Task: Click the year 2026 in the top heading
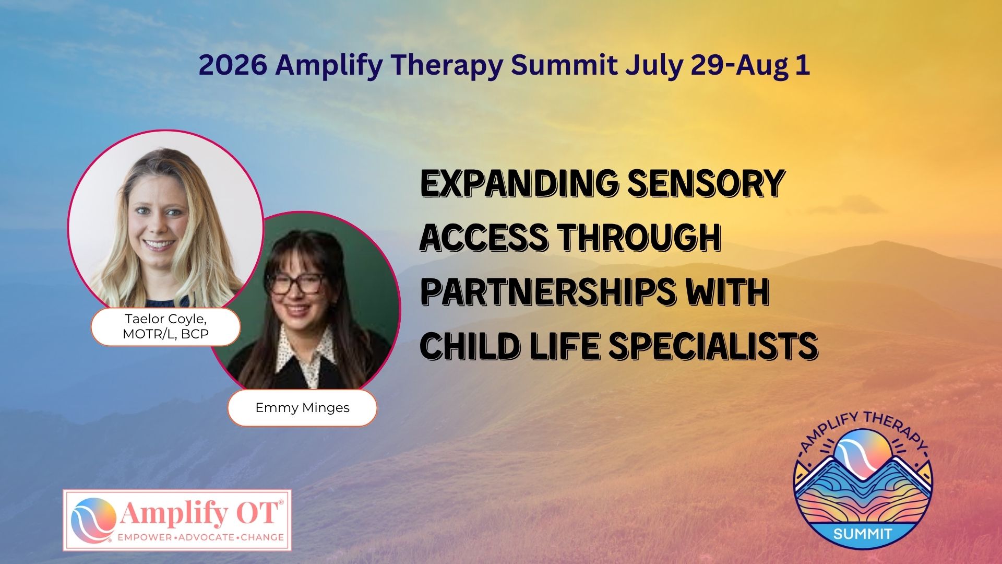233,65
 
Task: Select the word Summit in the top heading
564,65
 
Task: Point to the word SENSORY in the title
706,183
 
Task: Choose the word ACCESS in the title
484,238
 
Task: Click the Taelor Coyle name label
166,326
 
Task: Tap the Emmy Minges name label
302,407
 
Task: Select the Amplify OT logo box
177,520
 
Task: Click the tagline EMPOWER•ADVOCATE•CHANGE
201,537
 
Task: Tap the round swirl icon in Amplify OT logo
93,520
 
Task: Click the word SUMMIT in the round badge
863,534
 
